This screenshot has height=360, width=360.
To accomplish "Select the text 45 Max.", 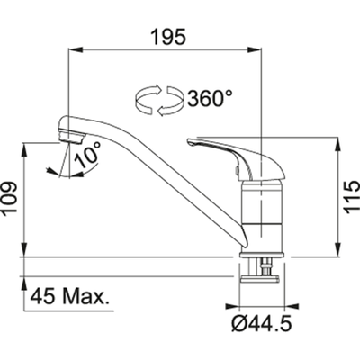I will click(x=69, y=296).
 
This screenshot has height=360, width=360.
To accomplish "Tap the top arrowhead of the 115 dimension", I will click(x=337, y=143).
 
